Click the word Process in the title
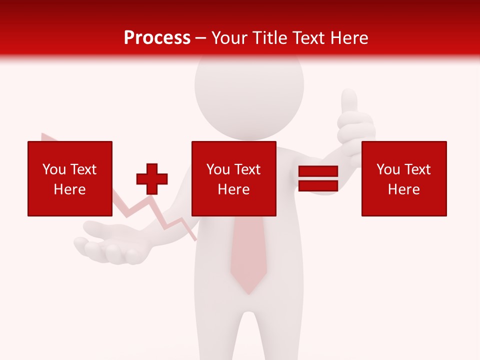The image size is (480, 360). (157, 38)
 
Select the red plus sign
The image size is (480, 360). (152, 179)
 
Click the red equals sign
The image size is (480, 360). (318, 179)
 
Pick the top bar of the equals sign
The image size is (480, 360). (318, 171)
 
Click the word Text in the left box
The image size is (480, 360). (83, 169)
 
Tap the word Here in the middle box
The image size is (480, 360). (234, 189)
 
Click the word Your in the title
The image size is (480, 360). (229, 38)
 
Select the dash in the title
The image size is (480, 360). (201, 38)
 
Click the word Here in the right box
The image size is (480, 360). (404, 189)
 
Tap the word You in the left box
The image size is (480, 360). (54, 169)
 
